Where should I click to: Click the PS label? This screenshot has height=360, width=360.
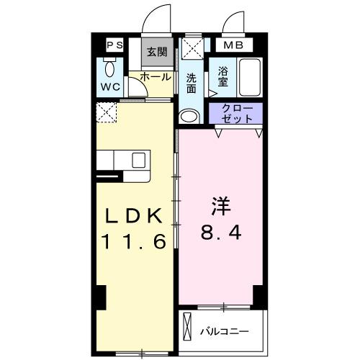[114, 45]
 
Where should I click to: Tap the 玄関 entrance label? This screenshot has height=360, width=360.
[156, 51]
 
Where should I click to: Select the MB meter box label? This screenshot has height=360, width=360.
[237, 45]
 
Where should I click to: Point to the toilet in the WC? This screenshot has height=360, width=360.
[109, 70]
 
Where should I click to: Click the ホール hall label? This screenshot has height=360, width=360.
[155, 76]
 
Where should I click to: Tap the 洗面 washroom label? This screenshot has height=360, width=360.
[192, 84]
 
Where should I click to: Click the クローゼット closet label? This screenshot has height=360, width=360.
[236, 114]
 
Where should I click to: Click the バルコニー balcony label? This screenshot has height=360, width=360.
[225, 332]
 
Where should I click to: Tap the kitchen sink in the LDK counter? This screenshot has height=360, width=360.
[138, 161]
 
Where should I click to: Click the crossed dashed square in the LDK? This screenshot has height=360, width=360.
[107, 113]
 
